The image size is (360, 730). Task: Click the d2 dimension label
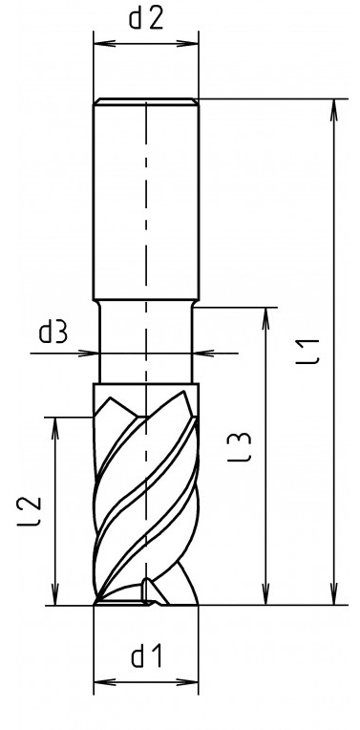146,19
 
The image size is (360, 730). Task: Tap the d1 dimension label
146,657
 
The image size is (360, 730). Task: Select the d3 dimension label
53,333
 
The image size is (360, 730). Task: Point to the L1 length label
308,352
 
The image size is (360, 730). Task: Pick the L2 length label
30,511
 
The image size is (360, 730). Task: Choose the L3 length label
240,447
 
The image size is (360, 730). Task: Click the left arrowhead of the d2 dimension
104,44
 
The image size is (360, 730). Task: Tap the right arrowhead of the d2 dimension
188,44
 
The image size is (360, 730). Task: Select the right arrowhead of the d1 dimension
188,682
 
